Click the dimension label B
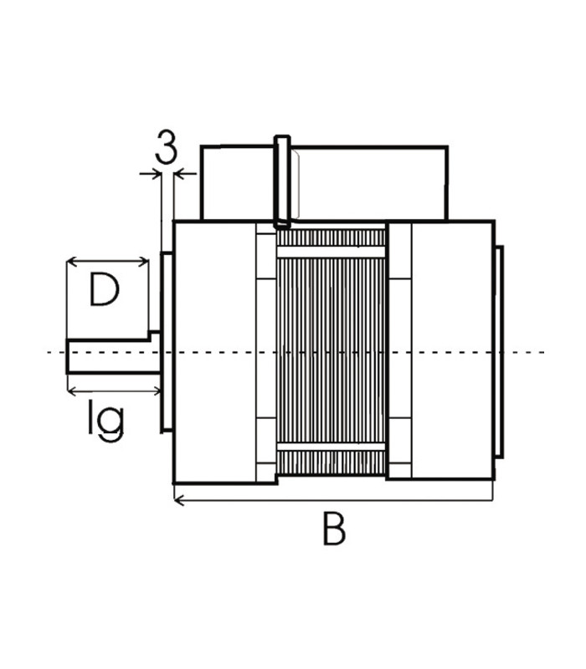tap(333, 529)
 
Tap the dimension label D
tap(105, 292)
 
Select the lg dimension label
tap(106, 420)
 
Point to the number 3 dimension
tap(167, 149)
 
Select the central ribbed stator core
tap(331, 351)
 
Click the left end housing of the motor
tap(214, 351)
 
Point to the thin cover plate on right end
tap(501, 351)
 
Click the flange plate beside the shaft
tap(166, 343)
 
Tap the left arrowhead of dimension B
tap(177, 500)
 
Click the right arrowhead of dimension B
tap(489, 500)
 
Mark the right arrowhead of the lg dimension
tap(157, 391)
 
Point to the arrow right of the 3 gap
tap(179, 174)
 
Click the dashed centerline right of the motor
tap(527, 352)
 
